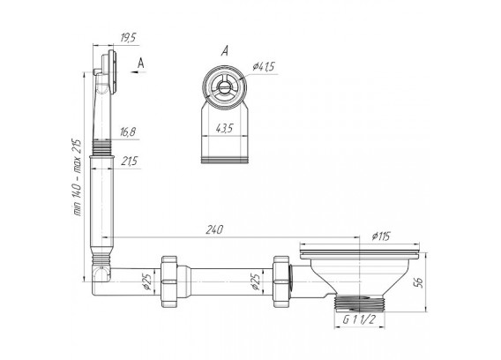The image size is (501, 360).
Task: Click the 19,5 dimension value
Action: (128, 38)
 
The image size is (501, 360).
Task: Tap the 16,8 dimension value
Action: (128, 131)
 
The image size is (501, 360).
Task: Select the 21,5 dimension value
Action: (129, 161)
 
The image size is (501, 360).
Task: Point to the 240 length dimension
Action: (213, 229)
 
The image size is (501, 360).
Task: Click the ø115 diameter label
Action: (381, 236)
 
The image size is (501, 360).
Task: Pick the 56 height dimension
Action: (419, 282)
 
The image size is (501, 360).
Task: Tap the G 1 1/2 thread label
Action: (359, 319)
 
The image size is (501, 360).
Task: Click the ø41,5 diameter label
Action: (264, 67)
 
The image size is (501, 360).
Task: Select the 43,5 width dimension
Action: (224, 129)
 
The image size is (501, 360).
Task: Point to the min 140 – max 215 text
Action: (78, 177)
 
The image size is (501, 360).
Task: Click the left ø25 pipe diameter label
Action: (146, 282)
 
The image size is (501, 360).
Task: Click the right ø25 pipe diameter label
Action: (255, 282)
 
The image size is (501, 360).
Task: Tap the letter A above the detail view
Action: (225, 51)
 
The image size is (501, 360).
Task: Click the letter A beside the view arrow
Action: (140, 64)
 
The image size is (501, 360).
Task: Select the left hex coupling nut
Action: (169, 281)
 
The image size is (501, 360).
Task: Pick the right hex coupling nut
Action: (281, 281)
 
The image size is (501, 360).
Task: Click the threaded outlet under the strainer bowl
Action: (360, 304)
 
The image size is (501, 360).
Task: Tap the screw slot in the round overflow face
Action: (224, 86)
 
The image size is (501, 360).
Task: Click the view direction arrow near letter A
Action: (138, 72)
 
